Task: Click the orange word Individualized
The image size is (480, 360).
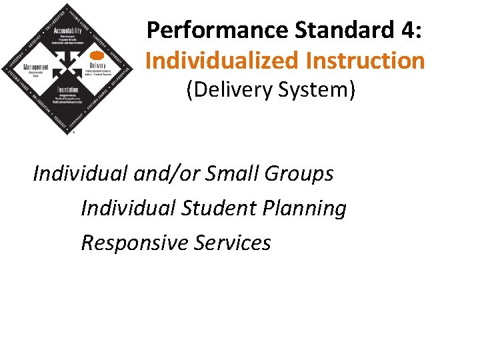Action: pos(221,61)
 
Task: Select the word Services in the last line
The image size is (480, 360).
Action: pos(232,243)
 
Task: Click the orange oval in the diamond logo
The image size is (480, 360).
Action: pos(97,55)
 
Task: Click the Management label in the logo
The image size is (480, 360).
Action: pos(37,67)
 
